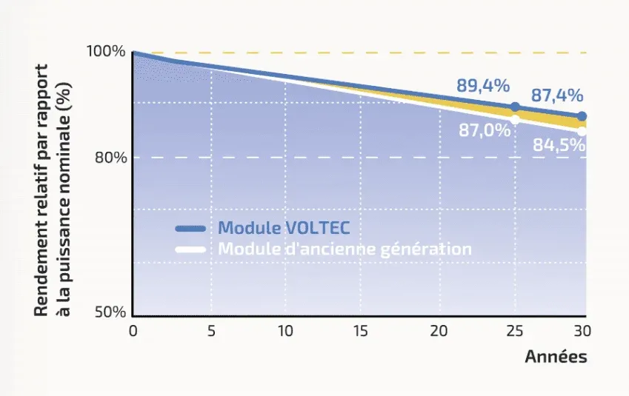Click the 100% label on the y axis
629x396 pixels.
[x=107, y=51]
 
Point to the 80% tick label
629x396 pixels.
[x=109, y=158]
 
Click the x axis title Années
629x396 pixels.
[x=556, y=357]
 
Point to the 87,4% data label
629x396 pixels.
[x=556, y=95]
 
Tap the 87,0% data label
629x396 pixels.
[x=485, y=131]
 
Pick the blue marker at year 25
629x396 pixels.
[x=516, y=107]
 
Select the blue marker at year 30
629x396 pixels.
[x=582, y=116]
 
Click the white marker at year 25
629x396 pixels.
[x=516, y=118]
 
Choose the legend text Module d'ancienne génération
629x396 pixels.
[x=345, y=249]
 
